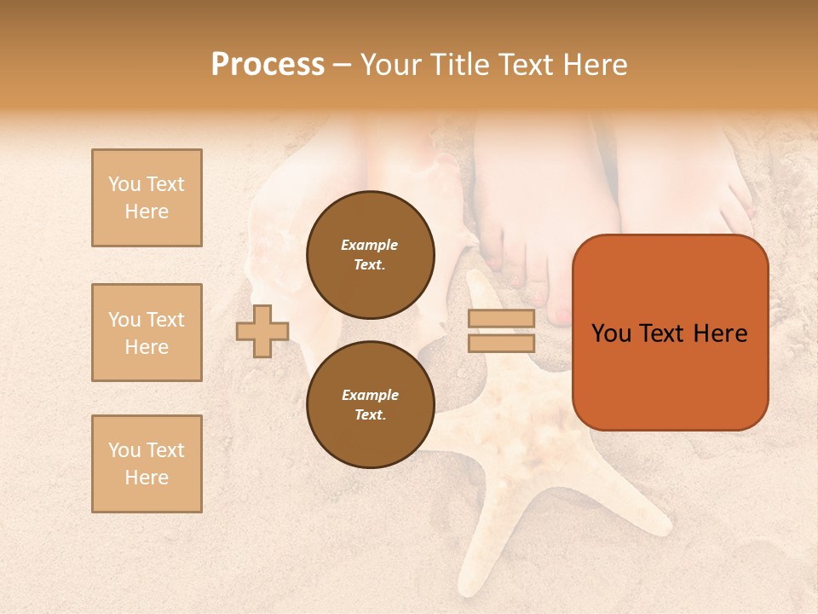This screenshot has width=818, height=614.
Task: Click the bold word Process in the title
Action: [268, 65]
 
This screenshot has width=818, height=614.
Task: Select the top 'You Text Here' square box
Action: [147, 198]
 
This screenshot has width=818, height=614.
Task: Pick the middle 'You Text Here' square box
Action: [147, 333]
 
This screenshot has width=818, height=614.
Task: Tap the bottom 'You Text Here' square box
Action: [147, 464]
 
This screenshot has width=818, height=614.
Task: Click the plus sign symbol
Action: [262, 331]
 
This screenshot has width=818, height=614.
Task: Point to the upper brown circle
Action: [370, 254]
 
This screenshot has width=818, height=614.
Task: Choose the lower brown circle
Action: [370, 404]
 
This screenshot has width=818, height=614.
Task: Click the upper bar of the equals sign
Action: [501, 319]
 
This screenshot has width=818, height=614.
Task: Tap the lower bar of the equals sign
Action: [501, 343]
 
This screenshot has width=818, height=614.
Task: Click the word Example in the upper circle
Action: [370, 245]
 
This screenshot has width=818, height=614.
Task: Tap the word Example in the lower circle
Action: [370, 395]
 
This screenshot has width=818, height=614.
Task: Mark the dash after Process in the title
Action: [343, 66]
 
